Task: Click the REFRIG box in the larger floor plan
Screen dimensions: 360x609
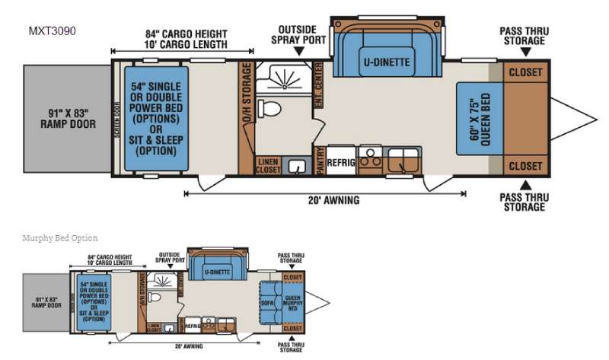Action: tap(340, 161)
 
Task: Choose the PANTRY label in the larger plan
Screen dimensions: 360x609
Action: tap(319, 161)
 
